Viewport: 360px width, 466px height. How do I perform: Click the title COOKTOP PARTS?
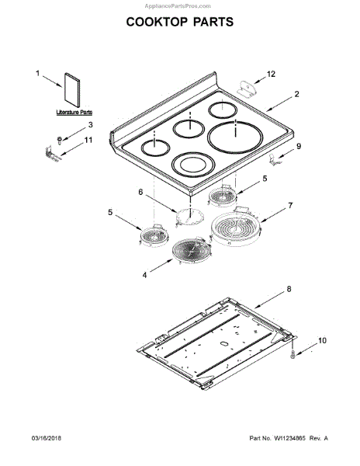(180, 22)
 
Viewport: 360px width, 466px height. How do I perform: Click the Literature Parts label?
(74, 113)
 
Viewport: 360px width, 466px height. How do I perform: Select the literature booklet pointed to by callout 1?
(72, 90)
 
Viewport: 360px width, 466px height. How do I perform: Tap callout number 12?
(271, 74)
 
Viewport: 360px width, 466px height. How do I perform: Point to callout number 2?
(296, 94)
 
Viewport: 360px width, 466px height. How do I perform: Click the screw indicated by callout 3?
(60, 141)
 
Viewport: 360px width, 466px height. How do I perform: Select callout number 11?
(88, 140)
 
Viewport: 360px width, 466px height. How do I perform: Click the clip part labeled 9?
(275, 159)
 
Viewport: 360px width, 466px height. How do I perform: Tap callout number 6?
(140, 193)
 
